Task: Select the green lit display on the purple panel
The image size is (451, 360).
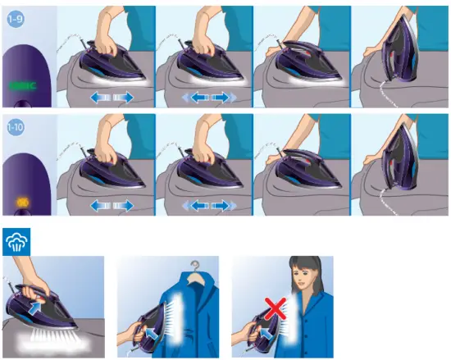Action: pyautogui.click(x=25, y=84)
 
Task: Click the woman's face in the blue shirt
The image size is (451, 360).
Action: pyautogui.click(x=309, y=283)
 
